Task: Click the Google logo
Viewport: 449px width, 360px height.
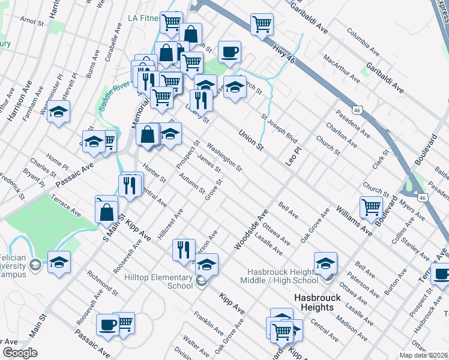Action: (x=19, y=353)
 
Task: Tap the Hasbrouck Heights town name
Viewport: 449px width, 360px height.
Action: (x=318, y=302)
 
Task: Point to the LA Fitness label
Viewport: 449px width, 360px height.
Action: (x=144, y=19)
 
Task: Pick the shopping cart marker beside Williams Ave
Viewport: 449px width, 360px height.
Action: (x=371, y=208)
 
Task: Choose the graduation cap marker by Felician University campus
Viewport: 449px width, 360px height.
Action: (x=59, y=262)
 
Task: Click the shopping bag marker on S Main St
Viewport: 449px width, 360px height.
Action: (x=106, y=212)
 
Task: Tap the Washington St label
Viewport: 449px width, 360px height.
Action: (x=224, y=156)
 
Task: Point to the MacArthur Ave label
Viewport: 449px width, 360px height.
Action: (x=341, y=70)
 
